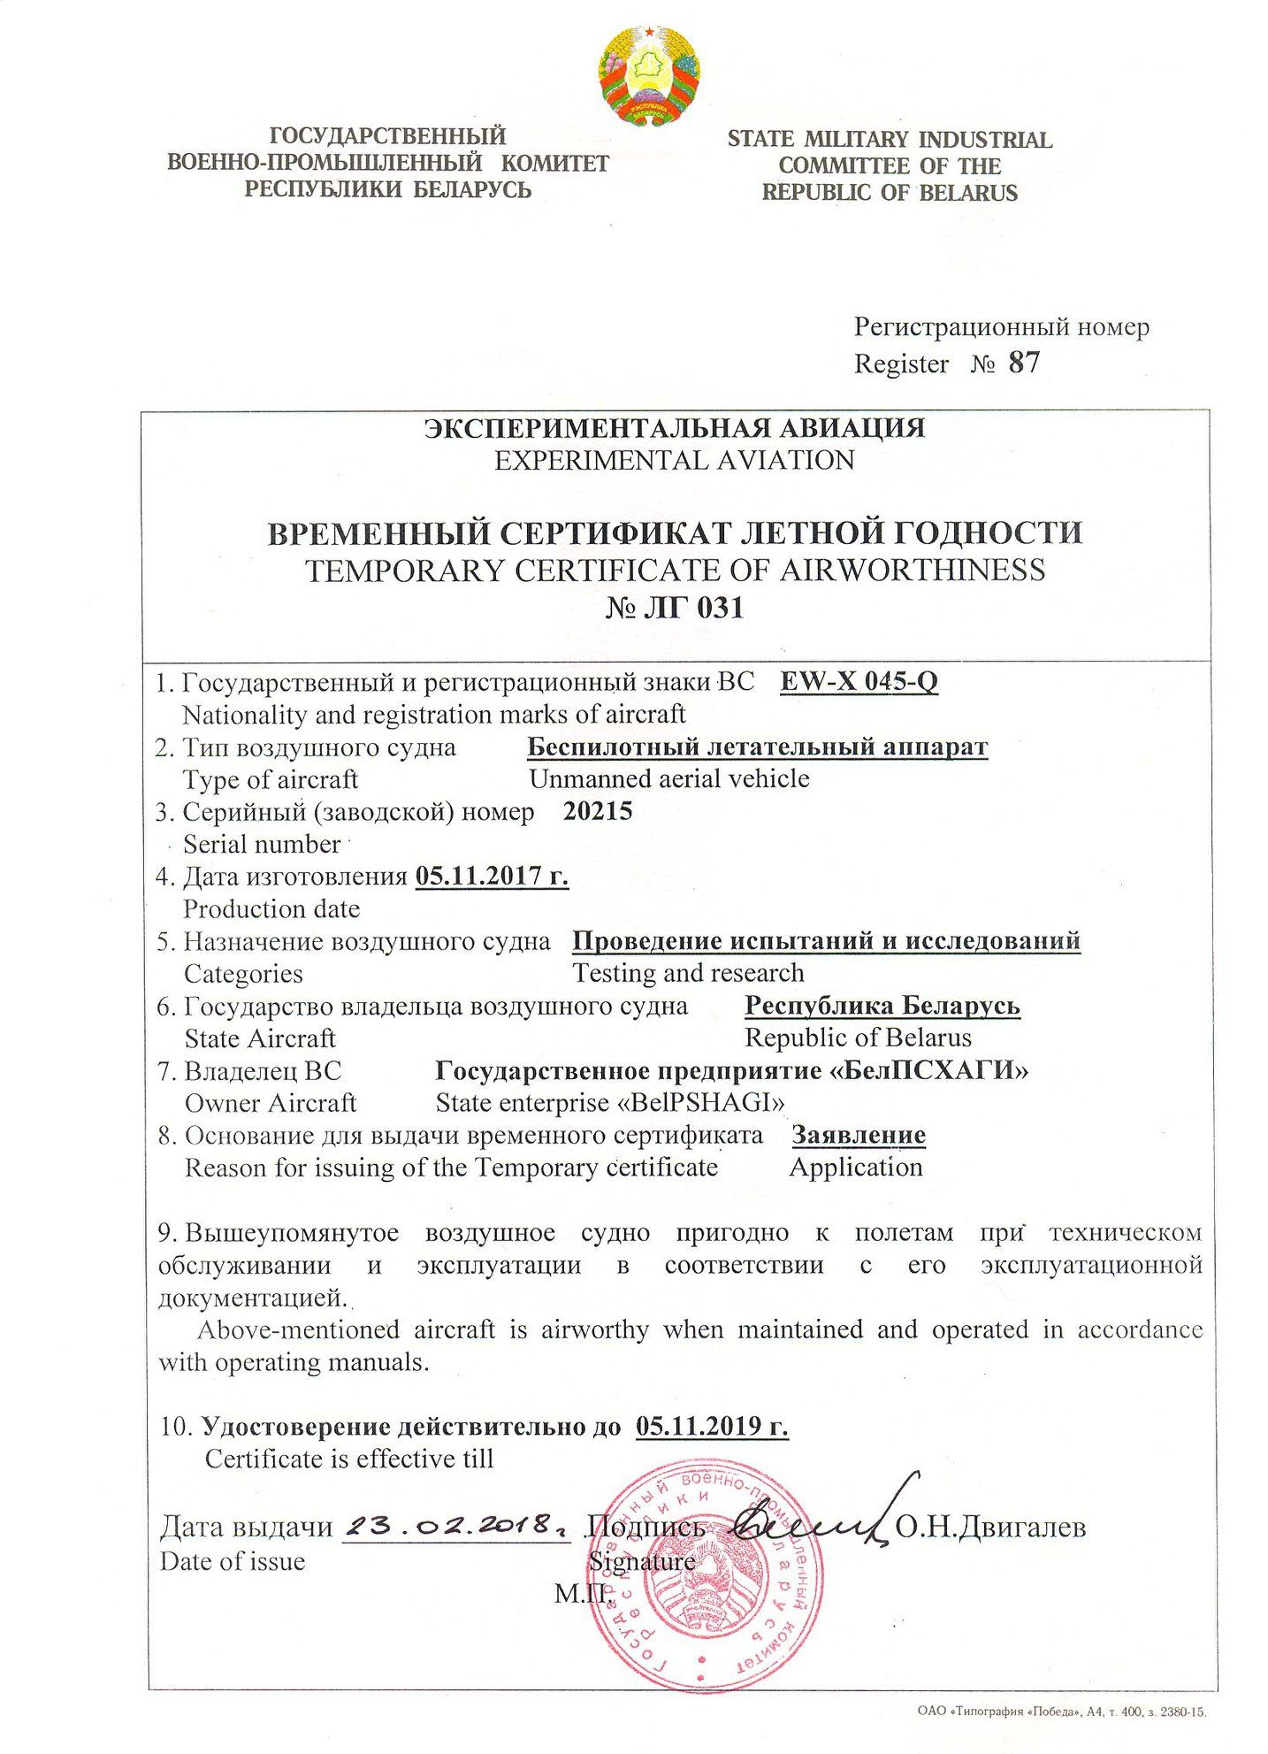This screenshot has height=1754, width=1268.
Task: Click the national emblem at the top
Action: click(649, 74)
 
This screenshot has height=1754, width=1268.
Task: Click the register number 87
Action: click(1023, 363)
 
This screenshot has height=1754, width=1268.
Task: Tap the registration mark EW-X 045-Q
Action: click(859, 682)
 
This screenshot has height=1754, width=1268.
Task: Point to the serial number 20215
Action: click(598, 811)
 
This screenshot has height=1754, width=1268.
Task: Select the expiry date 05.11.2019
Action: click(711, 1426)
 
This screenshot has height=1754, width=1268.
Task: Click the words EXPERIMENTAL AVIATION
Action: click(674, 461)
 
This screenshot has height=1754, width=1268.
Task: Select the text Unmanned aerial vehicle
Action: click(668, 778)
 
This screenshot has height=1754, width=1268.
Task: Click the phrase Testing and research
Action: click(688, 973)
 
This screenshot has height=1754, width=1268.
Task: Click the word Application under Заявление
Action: click(855, 1167)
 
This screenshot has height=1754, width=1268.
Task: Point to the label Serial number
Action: click(262, 844)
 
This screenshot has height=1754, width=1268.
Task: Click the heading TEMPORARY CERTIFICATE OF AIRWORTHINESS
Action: click(675, 570)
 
